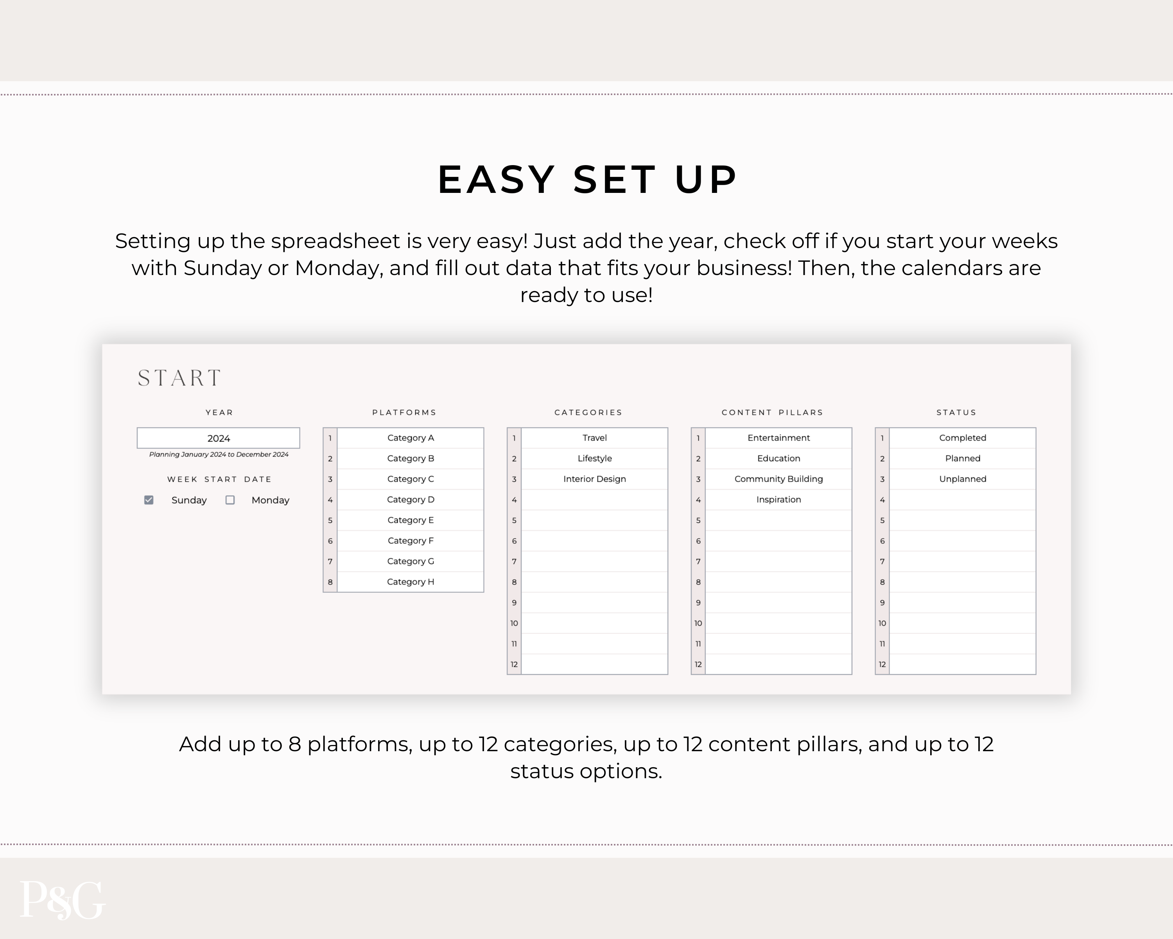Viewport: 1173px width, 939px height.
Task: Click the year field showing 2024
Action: tap(218, 438)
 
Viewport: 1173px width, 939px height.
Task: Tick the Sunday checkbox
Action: tap(149, 500)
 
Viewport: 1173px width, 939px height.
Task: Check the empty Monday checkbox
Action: tap(230, 500)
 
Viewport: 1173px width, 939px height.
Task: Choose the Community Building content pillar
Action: tap(778, 479)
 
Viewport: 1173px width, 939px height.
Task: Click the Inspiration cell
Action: tap(778, 500)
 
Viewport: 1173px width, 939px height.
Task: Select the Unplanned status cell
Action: tap(963, 479)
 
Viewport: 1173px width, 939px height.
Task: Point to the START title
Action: tap(179, 378)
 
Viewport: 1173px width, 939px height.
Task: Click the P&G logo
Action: tap(62, 900)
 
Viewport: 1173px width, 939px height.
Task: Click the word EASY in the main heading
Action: tap(496, 179)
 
